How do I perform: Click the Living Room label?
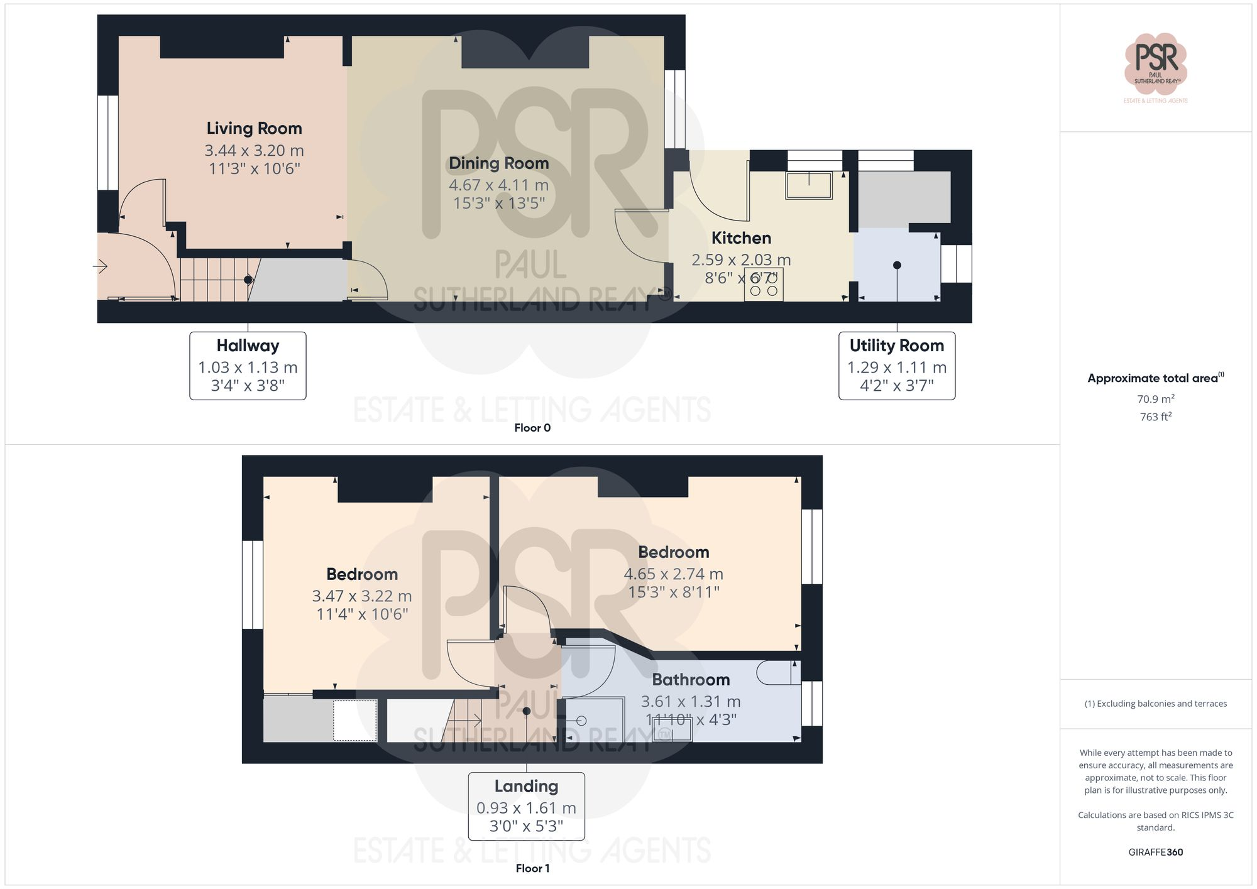(254, 128)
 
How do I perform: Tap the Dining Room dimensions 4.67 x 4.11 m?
(498, 185)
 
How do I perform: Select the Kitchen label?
(741, 238)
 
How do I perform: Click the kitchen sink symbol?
(809, 185)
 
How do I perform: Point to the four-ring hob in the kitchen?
(764, 285)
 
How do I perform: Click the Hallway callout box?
(248, 366)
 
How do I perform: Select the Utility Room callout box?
(896, 366)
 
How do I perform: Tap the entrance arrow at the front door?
(101, 267)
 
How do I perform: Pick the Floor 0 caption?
(532, 428)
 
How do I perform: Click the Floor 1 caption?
(532, 868)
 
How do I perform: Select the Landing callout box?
(526, 806)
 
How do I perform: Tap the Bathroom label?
(691, 680)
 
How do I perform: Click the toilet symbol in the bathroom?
(778, 672)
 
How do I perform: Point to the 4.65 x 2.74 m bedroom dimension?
(673, 574)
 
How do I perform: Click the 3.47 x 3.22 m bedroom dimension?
(362, 596)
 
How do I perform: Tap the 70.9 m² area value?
(1155, 399)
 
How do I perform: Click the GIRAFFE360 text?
(1155, 852)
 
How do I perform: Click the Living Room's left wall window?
(108, 142)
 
